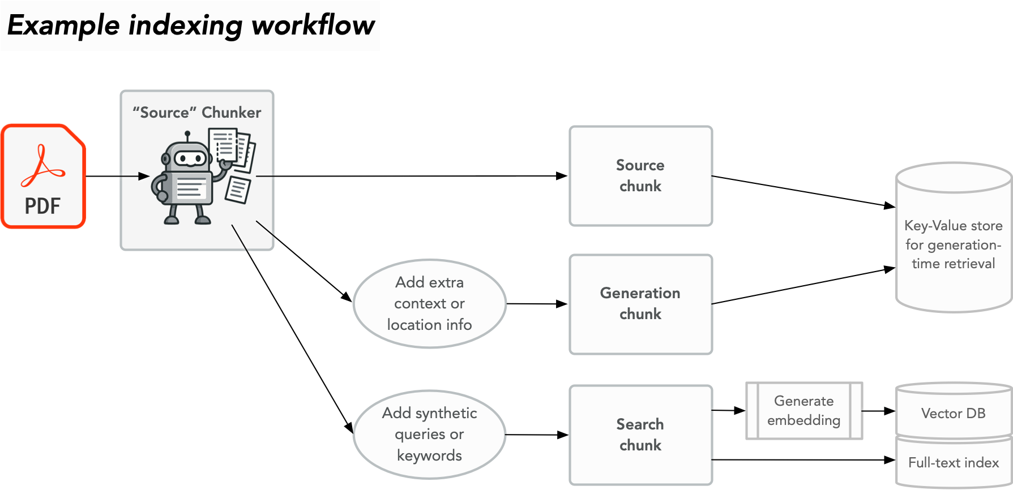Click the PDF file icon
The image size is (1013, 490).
(x=43, y=176)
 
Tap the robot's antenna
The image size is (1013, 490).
(x=187, y=136)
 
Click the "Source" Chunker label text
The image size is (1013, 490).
(x=196, y=113)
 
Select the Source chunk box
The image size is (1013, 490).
(x=640, y=176)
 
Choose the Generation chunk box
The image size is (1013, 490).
(x=640, y=304)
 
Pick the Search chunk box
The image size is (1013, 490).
(x=640, y=435)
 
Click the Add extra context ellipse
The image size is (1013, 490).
(x=429, y=304)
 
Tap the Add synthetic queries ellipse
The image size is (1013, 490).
(x=429, y=435)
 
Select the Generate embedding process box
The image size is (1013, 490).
(x=804, y=411)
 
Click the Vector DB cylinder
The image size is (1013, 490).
(x=954, y=413)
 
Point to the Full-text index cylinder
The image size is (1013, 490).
(x=954, y=463)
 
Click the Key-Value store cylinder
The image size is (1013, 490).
(x=954, y=243)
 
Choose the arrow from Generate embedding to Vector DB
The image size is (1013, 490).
(x=879, y=411)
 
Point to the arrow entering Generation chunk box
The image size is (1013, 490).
(x=538, y=304)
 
